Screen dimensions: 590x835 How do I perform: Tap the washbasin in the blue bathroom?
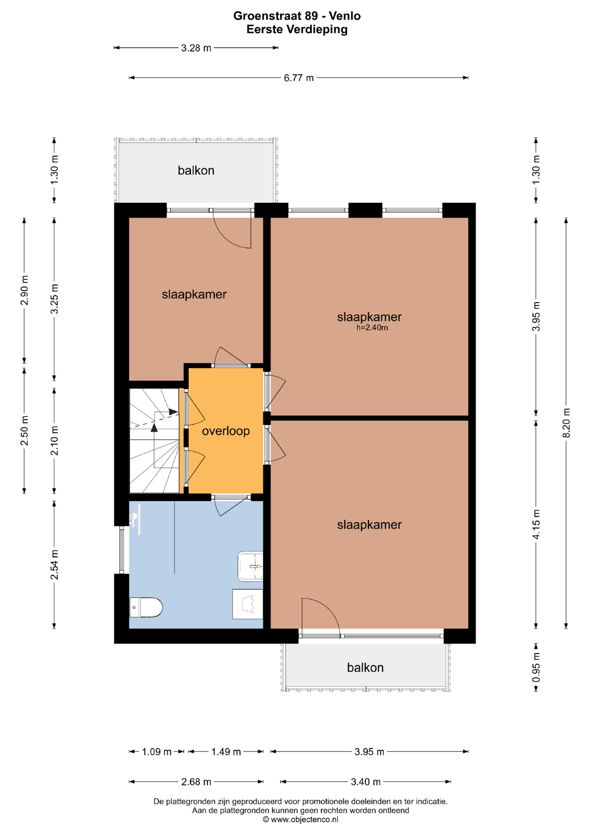tap(250, 566)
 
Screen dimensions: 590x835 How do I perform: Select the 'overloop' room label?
tap(226, 431)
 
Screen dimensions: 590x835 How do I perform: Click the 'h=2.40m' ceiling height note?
tap(372, 328)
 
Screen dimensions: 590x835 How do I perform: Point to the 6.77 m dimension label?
tap(299, 78)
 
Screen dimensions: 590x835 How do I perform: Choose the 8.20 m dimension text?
tap(566, 423)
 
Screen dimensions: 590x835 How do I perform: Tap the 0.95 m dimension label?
tap(536, 668)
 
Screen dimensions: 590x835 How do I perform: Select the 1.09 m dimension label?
tap(157, 752)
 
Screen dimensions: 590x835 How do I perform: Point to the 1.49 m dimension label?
tap(226, 752)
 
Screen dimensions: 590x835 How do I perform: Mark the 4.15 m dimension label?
tap(536, 524)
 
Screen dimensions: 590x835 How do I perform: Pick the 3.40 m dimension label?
tap(366, 782)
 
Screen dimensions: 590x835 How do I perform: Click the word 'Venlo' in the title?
tap(345, 16)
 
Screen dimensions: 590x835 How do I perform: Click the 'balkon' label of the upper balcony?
tap(196, 170)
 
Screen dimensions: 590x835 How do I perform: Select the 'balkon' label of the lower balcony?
tap(365, 668)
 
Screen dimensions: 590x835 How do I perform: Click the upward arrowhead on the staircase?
tap(154, 427)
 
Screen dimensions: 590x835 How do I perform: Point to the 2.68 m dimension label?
tap(196, 782)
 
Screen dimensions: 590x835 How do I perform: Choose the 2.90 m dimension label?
tap(24, 291)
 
